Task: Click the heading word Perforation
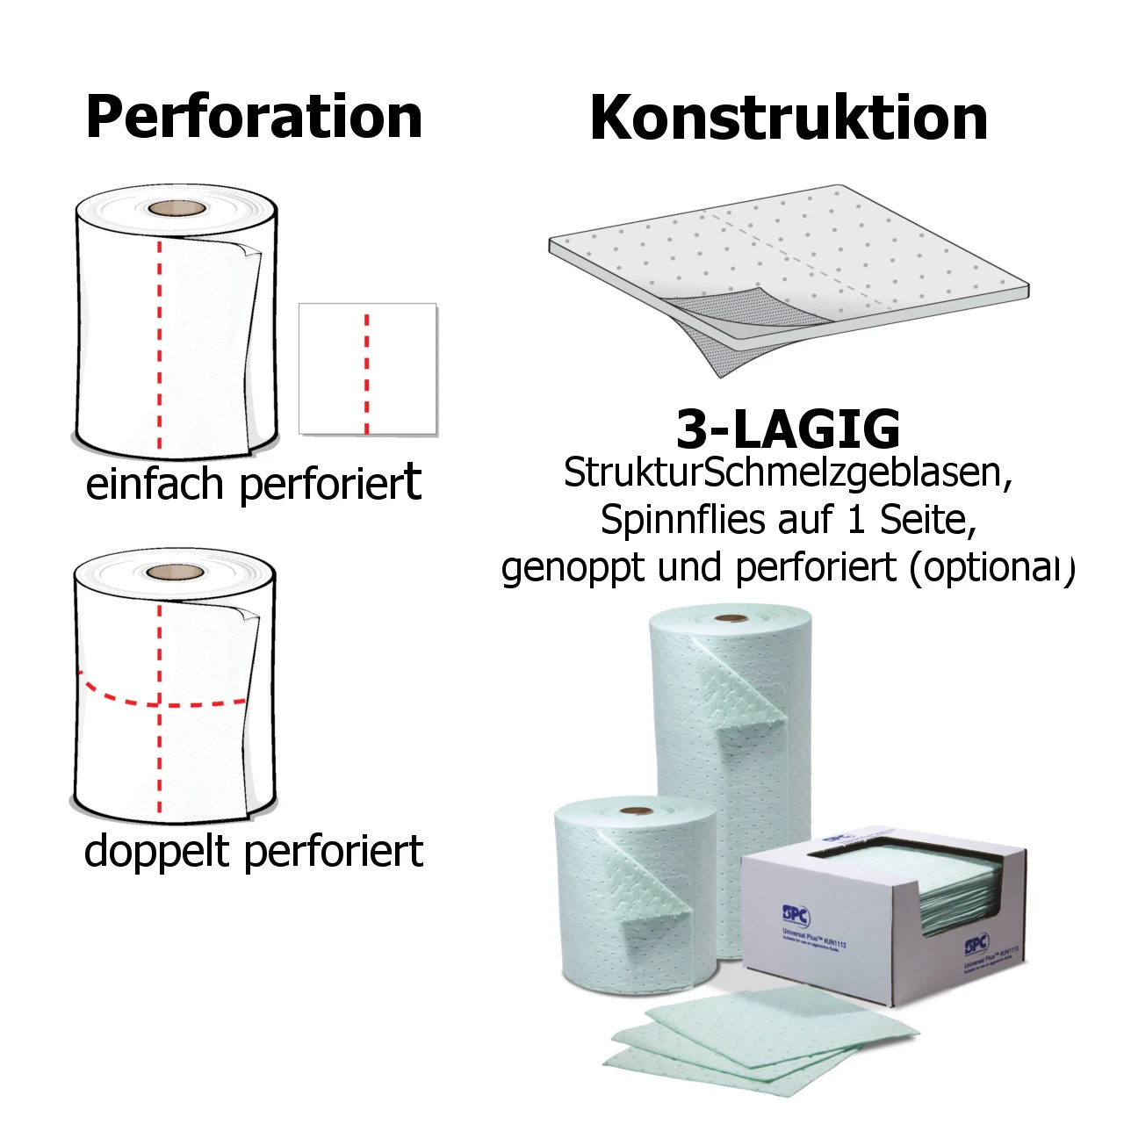(254, 117)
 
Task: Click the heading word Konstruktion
(789, 118)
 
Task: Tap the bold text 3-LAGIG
(788, 429)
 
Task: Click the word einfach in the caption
(155, 484)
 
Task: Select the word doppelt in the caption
(155, 851)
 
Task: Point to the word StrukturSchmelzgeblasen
(788, 472)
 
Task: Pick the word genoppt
(573, 567)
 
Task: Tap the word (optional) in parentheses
(991, 568)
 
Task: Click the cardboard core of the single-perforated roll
(176, 209)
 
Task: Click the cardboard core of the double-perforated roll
(175, 573)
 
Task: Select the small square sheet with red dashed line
(367, 369)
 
